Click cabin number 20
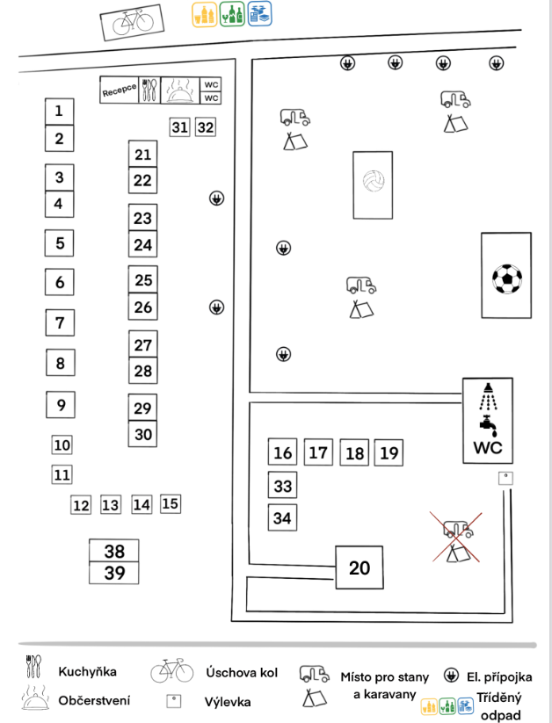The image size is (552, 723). [x=360, y=568]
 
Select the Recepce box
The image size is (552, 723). [x=120, y=90]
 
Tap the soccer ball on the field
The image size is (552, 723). [x=506, y=279]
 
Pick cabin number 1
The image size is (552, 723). [x=59, y=112]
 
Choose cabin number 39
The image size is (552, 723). [x=114, y=573]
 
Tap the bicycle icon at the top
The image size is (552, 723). [x=130, y=22]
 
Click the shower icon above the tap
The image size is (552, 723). [x=486, y=396]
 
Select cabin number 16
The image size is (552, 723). [x=282, y=453]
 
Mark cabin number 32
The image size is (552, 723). [x=205, y=127]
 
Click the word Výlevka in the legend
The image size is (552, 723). [x=228, y=702]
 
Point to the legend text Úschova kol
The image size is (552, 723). [x=242, y=673]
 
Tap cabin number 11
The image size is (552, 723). [x=62, y=475]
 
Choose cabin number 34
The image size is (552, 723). [x=282, y=518]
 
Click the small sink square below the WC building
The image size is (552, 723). [x=505, y=478]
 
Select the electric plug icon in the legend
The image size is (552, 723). [x=452, y=675]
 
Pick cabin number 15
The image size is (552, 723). [x=171, y=503]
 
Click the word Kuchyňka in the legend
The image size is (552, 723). [x=88, y=672]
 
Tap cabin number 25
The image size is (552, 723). [x=143, y=280]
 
